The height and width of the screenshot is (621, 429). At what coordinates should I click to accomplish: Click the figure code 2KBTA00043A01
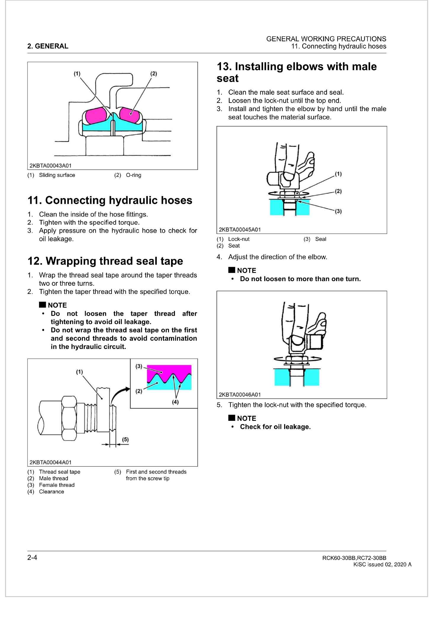50,166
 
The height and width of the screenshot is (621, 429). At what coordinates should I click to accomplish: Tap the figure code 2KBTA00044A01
50,462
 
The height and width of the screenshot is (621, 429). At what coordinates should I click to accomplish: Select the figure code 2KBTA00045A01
240,229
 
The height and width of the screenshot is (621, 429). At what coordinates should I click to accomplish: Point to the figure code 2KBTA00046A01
240,394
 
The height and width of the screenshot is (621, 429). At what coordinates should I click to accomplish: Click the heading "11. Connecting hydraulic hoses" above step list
110,200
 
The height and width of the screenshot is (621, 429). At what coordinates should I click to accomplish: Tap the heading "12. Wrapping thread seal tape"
105,261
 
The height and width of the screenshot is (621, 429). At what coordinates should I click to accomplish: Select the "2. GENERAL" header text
48,46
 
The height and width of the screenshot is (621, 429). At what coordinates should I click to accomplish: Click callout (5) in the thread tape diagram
125,439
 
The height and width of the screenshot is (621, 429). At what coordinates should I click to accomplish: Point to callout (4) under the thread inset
175,402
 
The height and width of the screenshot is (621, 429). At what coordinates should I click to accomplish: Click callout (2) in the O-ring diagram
154,74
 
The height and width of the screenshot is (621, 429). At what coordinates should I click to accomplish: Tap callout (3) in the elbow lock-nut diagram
338,211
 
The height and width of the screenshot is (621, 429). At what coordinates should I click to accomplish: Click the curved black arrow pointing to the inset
120,394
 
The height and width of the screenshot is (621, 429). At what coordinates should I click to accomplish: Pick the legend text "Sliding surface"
57,175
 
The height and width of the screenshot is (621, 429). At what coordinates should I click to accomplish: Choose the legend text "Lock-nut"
239,239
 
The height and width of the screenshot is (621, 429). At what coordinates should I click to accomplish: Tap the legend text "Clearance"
51,491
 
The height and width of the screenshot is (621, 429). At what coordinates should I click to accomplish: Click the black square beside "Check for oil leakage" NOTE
231,418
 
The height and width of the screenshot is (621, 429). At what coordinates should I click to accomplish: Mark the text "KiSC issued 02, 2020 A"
382,565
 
